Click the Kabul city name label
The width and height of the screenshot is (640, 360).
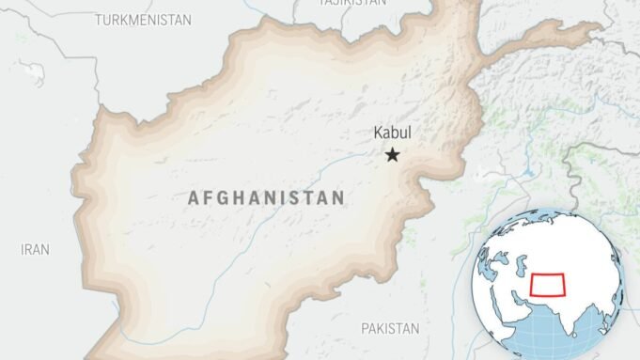point(393,133)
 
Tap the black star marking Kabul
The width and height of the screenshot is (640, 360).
point(392,155)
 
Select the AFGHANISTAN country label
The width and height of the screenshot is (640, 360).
point(266,198)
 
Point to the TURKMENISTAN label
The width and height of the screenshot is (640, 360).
point(143,19)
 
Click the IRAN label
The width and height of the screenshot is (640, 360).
point(35,249)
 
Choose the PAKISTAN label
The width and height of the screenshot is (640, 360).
point(390,328)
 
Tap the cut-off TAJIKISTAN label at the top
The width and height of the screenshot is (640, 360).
point(352,4)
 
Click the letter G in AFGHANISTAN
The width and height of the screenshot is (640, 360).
point(222,198)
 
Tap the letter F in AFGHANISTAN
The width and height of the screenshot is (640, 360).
point(208,198)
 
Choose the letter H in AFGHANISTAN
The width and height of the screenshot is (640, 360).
point(238,198)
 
